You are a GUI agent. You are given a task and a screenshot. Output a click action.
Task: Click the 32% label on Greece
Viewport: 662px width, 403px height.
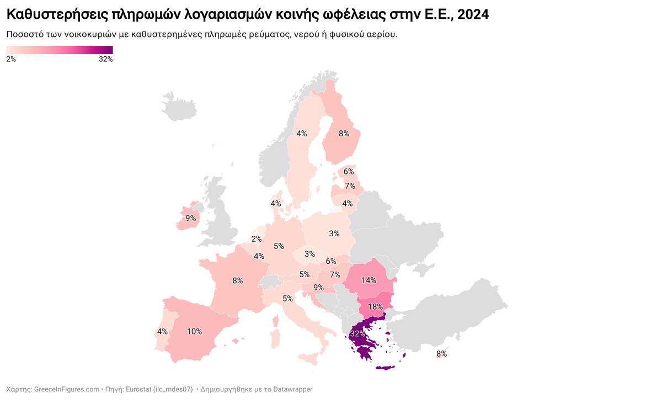(x=357, y=334)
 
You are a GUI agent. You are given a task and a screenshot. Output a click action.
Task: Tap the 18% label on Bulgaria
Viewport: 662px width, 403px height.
(x=375, y=306)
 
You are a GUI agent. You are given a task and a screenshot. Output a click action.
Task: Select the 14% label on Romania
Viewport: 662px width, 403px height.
(x=369, y=280)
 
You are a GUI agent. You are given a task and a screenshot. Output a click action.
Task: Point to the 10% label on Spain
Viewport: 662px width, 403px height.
(x=194, y=332)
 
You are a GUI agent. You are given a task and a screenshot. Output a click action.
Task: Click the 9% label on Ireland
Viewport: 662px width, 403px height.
(x=190, y=219)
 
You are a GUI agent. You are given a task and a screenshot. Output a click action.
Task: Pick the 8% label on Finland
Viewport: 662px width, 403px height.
(x=344, y=133)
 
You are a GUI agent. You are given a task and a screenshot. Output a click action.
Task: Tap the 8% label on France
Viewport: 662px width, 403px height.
(x=237, y=280)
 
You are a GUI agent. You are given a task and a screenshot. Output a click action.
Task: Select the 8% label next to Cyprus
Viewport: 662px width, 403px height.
(x=441, y=354)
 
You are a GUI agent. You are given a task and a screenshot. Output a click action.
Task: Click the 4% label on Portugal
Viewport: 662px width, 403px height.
(x=162, y=332)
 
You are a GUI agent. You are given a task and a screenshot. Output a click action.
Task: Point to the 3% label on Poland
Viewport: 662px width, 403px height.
(x=334, y=234)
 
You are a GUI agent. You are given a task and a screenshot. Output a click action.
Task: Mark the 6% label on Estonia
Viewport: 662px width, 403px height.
(x=348, y=172)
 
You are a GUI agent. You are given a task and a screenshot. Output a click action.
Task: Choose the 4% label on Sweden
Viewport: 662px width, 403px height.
(x=301, y=134)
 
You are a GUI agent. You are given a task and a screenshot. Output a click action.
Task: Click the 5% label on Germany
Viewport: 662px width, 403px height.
(x=279, y=246)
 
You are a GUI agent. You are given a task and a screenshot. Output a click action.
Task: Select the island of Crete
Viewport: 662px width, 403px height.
(x=385, y=367)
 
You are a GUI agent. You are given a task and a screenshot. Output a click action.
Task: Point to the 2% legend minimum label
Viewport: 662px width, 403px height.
(x=11, y=60)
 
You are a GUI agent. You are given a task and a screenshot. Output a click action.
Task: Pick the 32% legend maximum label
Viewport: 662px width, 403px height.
(x=105, y=60)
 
